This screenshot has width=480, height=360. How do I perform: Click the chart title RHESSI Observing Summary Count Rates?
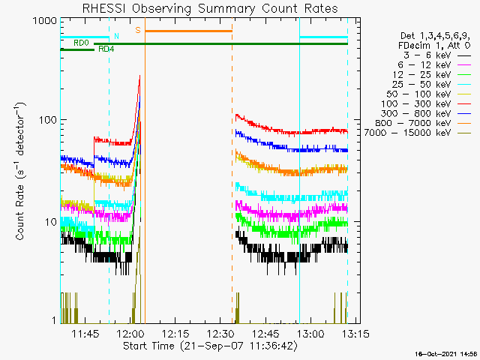pyautogui.click(x=209, y=8)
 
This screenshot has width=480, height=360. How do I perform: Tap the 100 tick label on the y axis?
pyautogui.click(x=46, y=120)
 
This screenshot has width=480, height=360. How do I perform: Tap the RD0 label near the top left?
pyautogui.click(x=81, y=43)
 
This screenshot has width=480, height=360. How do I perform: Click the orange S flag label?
pyautogui.click(x=138, y=31)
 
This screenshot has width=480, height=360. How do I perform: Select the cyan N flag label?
pyautogui.click(x=116, y=36)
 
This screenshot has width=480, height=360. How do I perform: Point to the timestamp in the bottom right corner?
pyautogui.click(x=447, y=353)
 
